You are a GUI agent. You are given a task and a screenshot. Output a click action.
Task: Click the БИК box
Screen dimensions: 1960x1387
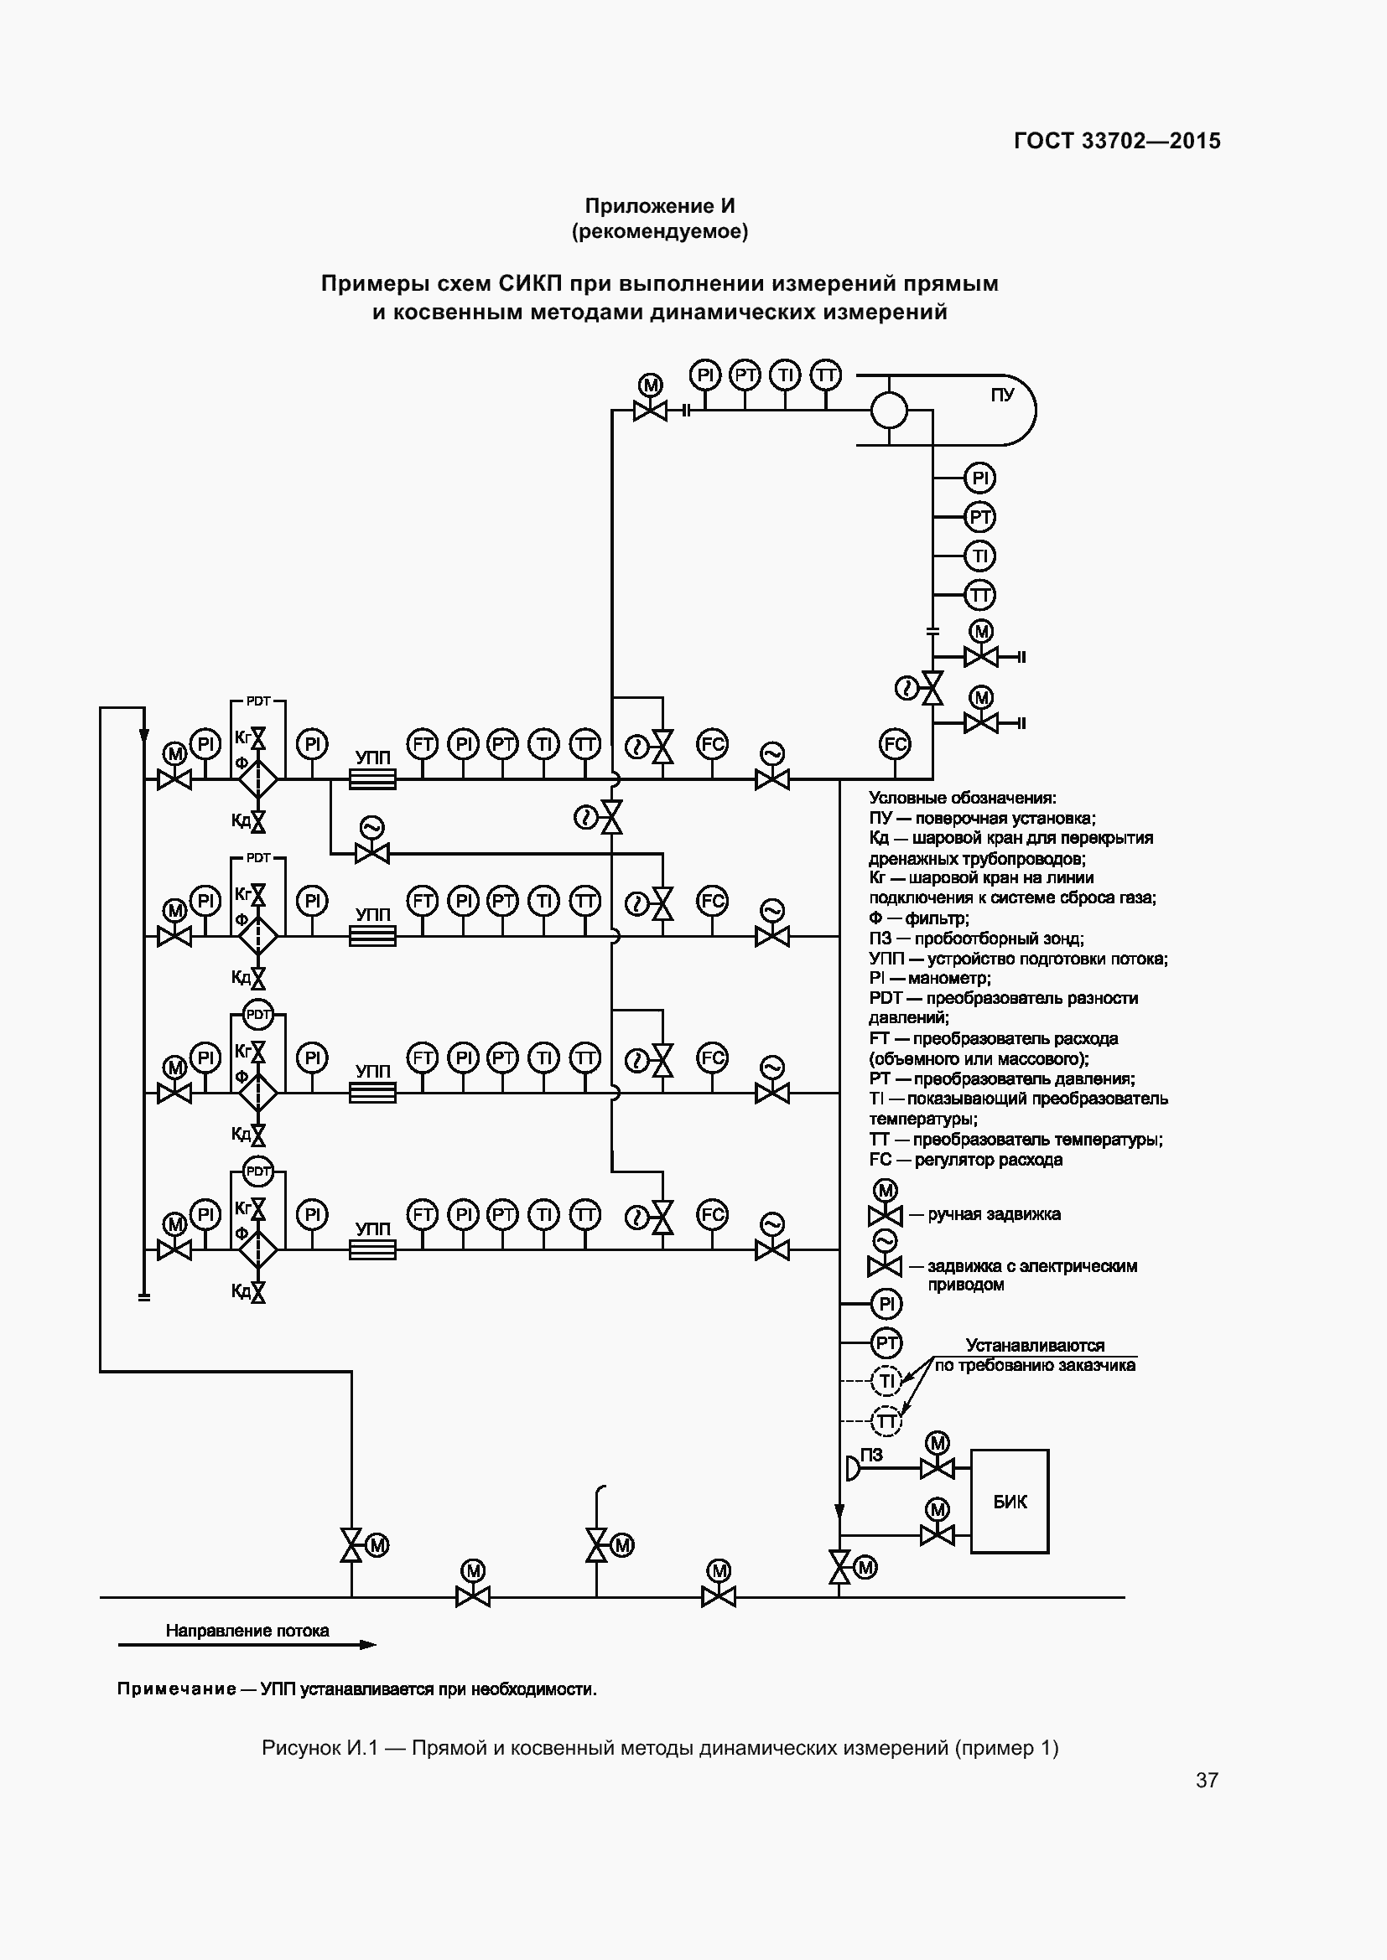(x=1009, y=1502)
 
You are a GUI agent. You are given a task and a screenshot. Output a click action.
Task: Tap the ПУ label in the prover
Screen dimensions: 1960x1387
(x=1002, y=396)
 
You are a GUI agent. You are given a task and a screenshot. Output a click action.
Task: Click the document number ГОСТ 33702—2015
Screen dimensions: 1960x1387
(x=1117, y=142)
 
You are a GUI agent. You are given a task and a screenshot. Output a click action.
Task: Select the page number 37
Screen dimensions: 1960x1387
(x=1206, y=1780)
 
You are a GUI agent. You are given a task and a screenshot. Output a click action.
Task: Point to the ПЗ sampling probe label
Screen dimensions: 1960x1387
(x=871, y=1455)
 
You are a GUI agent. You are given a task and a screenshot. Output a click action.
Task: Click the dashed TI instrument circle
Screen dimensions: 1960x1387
(x=886, y=1381)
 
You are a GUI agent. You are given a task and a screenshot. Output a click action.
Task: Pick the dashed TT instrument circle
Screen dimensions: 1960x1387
(x=886, y=1420)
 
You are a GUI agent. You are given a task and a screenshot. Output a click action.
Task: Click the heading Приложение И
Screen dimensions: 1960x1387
(x=659, y=206)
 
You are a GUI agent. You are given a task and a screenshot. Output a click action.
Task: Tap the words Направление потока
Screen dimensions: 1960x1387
(x=247, y=1631)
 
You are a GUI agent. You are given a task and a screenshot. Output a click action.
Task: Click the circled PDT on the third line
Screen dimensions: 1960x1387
(x=257, y=1015)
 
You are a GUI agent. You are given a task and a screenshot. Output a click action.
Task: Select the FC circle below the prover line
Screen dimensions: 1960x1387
(x=895, y=744)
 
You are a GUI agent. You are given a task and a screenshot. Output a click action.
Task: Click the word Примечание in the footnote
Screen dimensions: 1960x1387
(x=177, y=1689)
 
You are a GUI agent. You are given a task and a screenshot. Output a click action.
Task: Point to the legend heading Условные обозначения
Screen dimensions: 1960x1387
(x=963, y=799)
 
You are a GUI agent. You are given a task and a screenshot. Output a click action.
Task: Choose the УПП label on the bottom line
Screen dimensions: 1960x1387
(x=372, y=1228)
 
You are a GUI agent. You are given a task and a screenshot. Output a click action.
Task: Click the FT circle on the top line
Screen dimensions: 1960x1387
(x=422, y=744)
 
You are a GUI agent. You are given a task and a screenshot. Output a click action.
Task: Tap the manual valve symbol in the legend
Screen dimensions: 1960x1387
(x=885, y=1215)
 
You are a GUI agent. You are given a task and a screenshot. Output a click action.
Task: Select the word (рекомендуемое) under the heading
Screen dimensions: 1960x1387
(x=659, y=231)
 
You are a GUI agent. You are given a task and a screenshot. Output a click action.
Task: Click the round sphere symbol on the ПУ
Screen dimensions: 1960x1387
(x=888, y=411)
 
